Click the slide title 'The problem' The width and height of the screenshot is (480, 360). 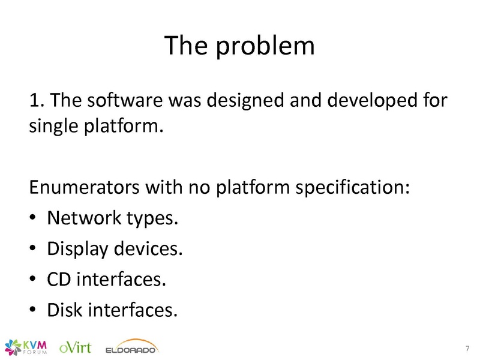[x=239, y=46]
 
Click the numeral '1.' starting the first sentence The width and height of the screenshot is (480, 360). [x=37, y=100]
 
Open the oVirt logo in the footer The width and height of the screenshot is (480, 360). [x=75, y=347]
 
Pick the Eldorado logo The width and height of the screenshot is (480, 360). [x=131, y=347]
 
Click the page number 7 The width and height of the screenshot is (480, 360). [x=467, y=349]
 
